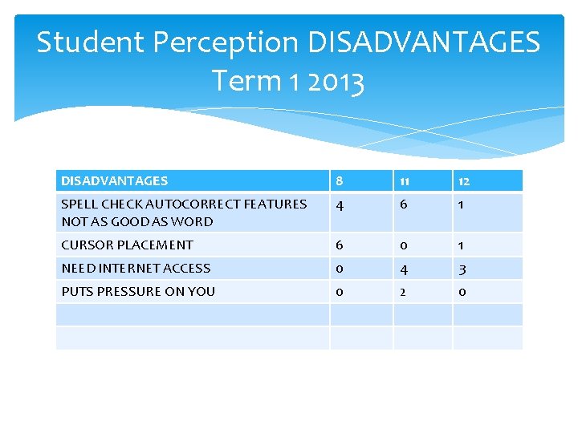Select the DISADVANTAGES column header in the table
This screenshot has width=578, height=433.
[x=115, y=181]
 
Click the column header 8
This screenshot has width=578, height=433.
[x=340, y=181]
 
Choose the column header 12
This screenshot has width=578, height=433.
[x=463, y=181]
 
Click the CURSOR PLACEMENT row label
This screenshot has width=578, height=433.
[x=128, y=245]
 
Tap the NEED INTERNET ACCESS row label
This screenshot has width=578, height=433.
[x=136, y=268]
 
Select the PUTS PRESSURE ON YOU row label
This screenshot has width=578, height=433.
[x=138, y=291]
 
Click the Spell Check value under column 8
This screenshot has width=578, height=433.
[x=340, y=205]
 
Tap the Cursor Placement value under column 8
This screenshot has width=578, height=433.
[x=340, y=245]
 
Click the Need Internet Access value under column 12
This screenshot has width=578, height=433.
[x=462, y=269]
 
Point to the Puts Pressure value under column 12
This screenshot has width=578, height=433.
[x=462, y=292]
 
